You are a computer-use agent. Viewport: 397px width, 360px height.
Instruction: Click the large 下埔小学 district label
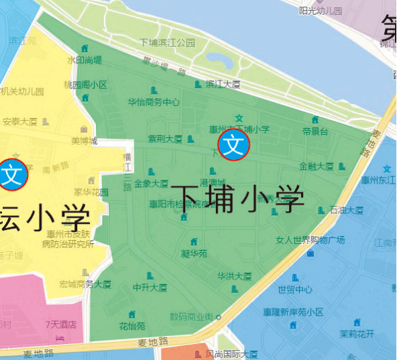coord(237,198)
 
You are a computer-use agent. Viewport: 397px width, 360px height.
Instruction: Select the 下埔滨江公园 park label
coord(167,42)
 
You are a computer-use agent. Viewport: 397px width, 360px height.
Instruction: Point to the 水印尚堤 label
coord(84,60)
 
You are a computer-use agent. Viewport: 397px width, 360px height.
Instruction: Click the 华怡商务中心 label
coord(154,103)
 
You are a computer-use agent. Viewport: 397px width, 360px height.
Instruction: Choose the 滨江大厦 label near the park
coord(223,84)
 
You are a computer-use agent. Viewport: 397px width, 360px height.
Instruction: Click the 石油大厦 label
coord(347,210)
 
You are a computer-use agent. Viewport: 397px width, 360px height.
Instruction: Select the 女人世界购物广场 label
coord(310,240)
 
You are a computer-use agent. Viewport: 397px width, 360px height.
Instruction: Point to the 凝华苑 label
coord(194,254)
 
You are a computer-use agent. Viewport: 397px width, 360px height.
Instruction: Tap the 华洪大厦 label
coord(234,276)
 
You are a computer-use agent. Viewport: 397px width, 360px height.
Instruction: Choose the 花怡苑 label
coord(132,326)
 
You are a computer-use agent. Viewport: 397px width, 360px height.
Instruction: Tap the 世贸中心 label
coord(295,290)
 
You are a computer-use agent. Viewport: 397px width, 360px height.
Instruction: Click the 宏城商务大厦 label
coord(84,284)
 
